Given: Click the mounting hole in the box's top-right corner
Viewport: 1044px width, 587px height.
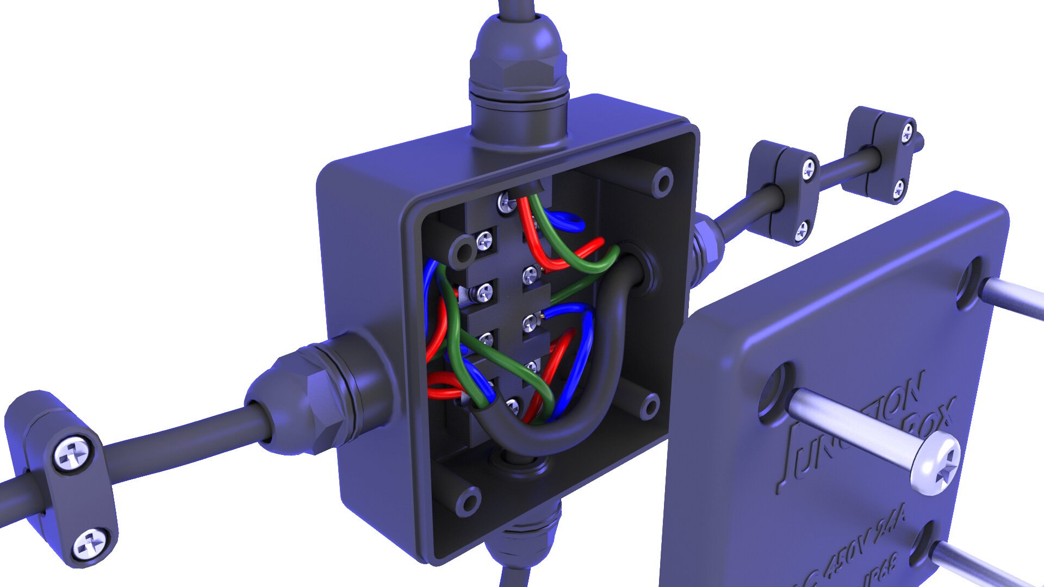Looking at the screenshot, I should coord(663,183).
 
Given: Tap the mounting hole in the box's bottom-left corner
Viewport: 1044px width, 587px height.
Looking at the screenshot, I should coord(468,501).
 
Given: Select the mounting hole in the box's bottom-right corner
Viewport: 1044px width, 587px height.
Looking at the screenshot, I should coord(650,405).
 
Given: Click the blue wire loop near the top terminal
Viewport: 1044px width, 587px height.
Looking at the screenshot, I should coord(565,220).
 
